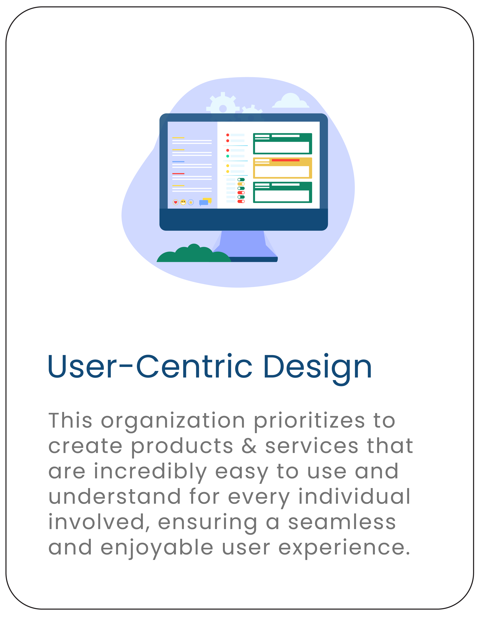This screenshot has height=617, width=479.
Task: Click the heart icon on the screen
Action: coord(175,202)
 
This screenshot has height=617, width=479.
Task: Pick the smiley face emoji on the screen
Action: coord(183,202)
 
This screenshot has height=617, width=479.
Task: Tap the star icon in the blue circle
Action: coord(191,202)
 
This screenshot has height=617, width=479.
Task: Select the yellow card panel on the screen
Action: coord(282,168)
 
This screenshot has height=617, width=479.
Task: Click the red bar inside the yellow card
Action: coord(285,160)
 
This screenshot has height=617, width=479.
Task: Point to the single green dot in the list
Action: coord(228,156)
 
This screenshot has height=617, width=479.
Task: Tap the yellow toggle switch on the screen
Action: coord(241,184)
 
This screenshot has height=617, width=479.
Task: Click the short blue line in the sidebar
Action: coord(178,162)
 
